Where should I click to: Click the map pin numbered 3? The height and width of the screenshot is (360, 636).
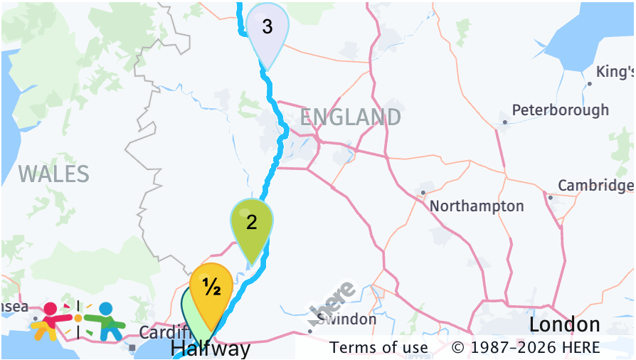pos(267,28)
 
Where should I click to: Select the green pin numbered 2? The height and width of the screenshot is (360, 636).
pos(252,223)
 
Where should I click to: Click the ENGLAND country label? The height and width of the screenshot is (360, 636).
pos(350,117)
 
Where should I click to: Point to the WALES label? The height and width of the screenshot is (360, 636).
pos(54,174)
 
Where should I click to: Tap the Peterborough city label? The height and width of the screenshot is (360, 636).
pos(561,110)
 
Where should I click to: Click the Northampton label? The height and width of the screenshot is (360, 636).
pos(477,206)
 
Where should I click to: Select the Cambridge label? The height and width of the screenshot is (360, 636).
pos(595,186)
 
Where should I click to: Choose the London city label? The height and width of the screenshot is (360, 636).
pos(564,325)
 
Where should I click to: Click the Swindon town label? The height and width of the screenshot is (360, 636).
pos(347,319)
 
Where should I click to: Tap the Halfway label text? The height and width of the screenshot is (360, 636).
pos(211,349)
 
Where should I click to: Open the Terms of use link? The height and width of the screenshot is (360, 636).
pos(379,348)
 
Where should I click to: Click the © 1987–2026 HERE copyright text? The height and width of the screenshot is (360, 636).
pos(526,348)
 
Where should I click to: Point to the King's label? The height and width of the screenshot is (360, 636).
pos(615,73)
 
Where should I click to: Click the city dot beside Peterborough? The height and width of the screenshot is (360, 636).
pos(504,122)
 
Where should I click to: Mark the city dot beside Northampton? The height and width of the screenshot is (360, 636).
pos(423,192)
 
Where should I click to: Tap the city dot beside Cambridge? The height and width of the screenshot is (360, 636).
pos(550,197)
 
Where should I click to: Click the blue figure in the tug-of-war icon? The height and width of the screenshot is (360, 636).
pos(106,321)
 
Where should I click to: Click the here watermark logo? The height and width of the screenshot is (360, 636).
pos(332,300)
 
